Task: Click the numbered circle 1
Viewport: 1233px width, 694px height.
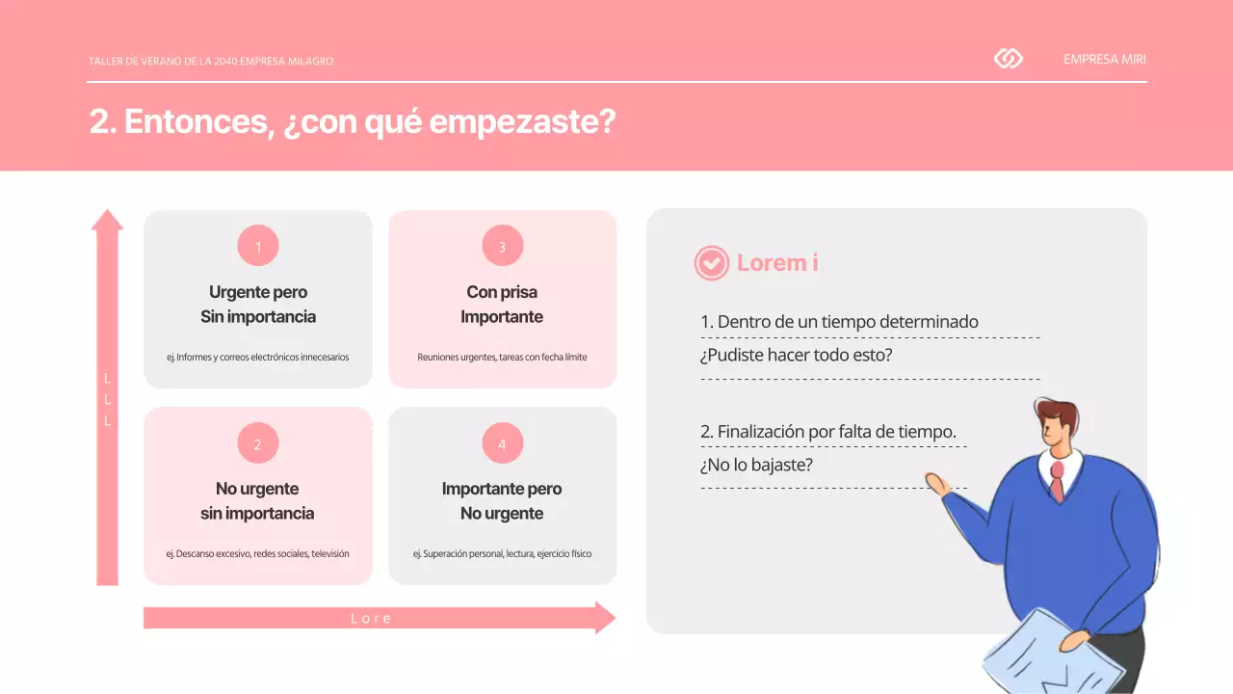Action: point(258,246)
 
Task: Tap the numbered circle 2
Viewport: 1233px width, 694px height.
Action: point(258,444)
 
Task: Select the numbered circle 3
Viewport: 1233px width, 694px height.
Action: point(502,246)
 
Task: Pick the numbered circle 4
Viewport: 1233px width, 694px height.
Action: point(502,444)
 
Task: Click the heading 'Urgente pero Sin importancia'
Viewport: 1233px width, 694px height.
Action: point(258,305)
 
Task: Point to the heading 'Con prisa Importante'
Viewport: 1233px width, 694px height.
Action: point(502,305)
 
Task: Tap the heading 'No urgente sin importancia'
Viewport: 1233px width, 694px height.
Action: point(257,501)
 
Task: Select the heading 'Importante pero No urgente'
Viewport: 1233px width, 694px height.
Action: point(502,501)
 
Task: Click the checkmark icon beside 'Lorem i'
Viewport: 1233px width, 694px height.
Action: point(712,262)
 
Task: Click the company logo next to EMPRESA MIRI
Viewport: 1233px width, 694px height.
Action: point(1008,59)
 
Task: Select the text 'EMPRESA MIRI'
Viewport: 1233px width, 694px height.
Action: point(1105,59)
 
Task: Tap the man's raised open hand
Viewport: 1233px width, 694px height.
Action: point(937,483)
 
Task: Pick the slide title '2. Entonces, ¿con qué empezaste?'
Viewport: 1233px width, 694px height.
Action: point(352,122)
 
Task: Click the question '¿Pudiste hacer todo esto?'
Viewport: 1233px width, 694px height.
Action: point(797,355)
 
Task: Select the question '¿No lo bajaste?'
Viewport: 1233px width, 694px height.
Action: point(757,465)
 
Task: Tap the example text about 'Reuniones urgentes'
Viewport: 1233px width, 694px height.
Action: point(502,357)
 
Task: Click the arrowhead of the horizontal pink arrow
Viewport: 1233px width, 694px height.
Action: point(606,618)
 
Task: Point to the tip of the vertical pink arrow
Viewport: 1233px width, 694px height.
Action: point(107,218)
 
